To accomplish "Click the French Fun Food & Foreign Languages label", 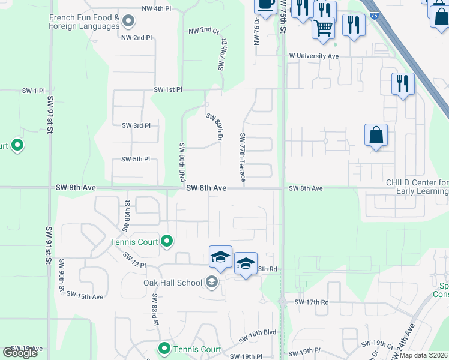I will pos(84,22).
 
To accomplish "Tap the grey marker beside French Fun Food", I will pos(128,23).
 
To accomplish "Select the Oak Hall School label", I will pos(173,283).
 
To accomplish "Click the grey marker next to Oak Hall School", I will pos(211,281).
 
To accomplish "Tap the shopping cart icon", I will pos(324,28).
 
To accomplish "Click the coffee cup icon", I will pos(265,5).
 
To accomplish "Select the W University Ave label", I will pos(314,56).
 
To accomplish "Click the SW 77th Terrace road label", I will pos(243,157).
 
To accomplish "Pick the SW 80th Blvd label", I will pos(181,162).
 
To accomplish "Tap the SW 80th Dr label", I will pos(215,127).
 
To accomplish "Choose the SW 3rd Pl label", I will pos(136,125).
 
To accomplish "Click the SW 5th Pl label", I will pos(135,159).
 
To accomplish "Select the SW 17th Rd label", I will pos(312,302).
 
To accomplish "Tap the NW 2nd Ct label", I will pos(204,31).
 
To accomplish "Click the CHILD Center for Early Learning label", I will pos(417,187).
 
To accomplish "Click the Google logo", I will pos(20,352).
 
